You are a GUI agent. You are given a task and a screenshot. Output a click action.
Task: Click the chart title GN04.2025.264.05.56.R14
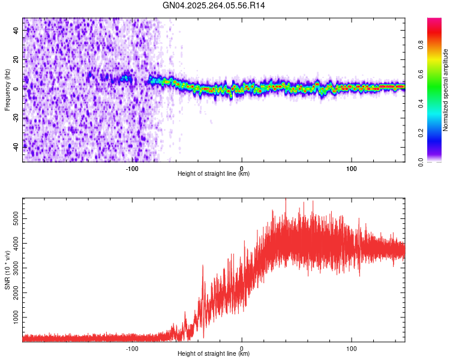point(214,5)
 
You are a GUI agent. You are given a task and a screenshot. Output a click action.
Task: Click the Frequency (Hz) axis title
point(7,90)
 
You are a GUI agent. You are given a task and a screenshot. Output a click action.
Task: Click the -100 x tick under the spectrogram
point(132,168)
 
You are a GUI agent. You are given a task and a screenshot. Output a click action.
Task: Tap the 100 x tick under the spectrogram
point(352,168)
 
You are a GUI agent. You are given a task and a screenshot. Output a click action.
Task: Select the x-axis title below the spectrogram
point(214,174)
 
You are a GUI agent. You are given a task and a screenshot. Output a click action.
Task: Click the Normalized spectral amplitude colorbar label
point(446,90)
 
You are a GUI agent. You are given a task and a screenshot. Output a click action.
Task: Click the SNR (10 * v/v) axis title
point(7,270)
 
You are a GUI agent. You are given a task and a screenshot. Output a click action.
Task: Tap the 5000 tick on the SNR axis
point(14,220)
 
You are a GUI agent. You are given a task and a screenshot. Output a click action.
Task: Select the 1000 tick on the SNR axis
point(14,316)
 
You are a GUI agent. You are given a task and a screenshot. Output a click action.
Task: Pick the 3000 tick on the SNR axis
point(14,268)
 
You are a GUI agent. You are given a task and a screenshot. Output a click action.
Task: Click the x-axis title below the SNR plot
point(214,354)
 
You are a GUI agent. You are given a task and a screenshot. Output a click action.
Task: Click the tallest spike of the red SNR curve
point(286,200)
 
